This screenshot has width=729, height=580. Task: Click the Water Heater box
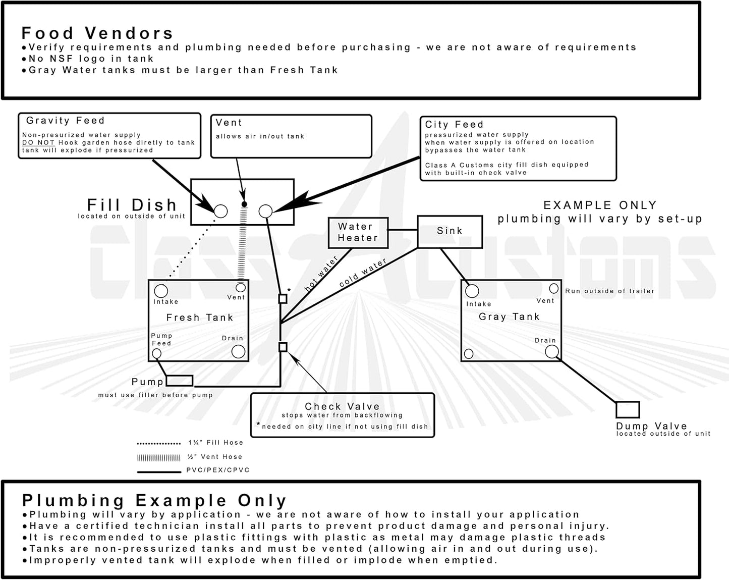[x=358, y=233]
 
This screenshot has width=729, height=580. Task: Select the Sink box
[x=450, y=231]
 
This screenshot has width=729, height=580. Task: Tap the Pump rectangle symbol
[x=179, y=381]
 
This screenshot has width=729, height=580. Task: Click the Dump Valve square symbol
[x=628, y=409]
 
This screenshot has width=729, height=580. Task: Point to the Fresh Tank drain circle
[x=238, y=351]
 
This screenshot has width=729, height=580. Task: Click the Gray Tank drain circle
[x=552, y=351]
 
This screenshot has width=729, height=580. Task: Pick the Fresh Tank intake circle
[x=161, y=291]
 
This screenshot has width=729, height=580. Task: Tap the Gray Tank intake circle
[x=472, y=291]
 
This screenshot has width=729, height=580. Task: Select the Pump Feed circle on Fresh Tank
[x=157, y=353]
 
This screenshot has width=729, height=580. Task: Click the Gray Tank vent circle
[x=553, y=288]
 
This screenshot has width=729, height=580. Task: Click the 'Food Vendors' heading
[x=97, y=33]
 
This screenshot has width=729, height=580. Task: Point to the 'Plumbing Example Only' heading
[x=154, y=501]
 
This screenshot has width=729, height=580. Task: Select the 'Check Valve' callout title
[x=342, y=406]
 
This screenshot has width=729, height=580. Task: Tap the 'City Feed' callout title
[x=454, y=125]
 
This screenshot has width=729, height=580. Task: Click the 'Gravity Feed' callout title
[x=66, y=121]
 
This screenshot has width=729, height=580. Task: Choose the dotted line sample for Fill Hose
[x=159, y=444]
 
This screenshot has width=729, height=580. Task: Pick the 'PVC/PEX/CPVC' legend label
[x=218, y=470]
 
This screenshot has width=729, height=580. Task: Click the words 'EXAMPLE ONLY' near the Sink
[x=600, y=205]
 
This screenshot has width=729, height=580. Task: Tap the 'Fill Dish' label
[x=132, y=205]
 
